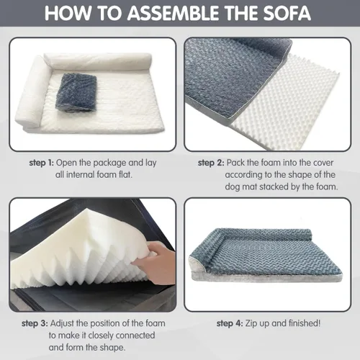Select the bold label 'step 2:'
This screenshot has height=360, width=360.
(x=214, y=163)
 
